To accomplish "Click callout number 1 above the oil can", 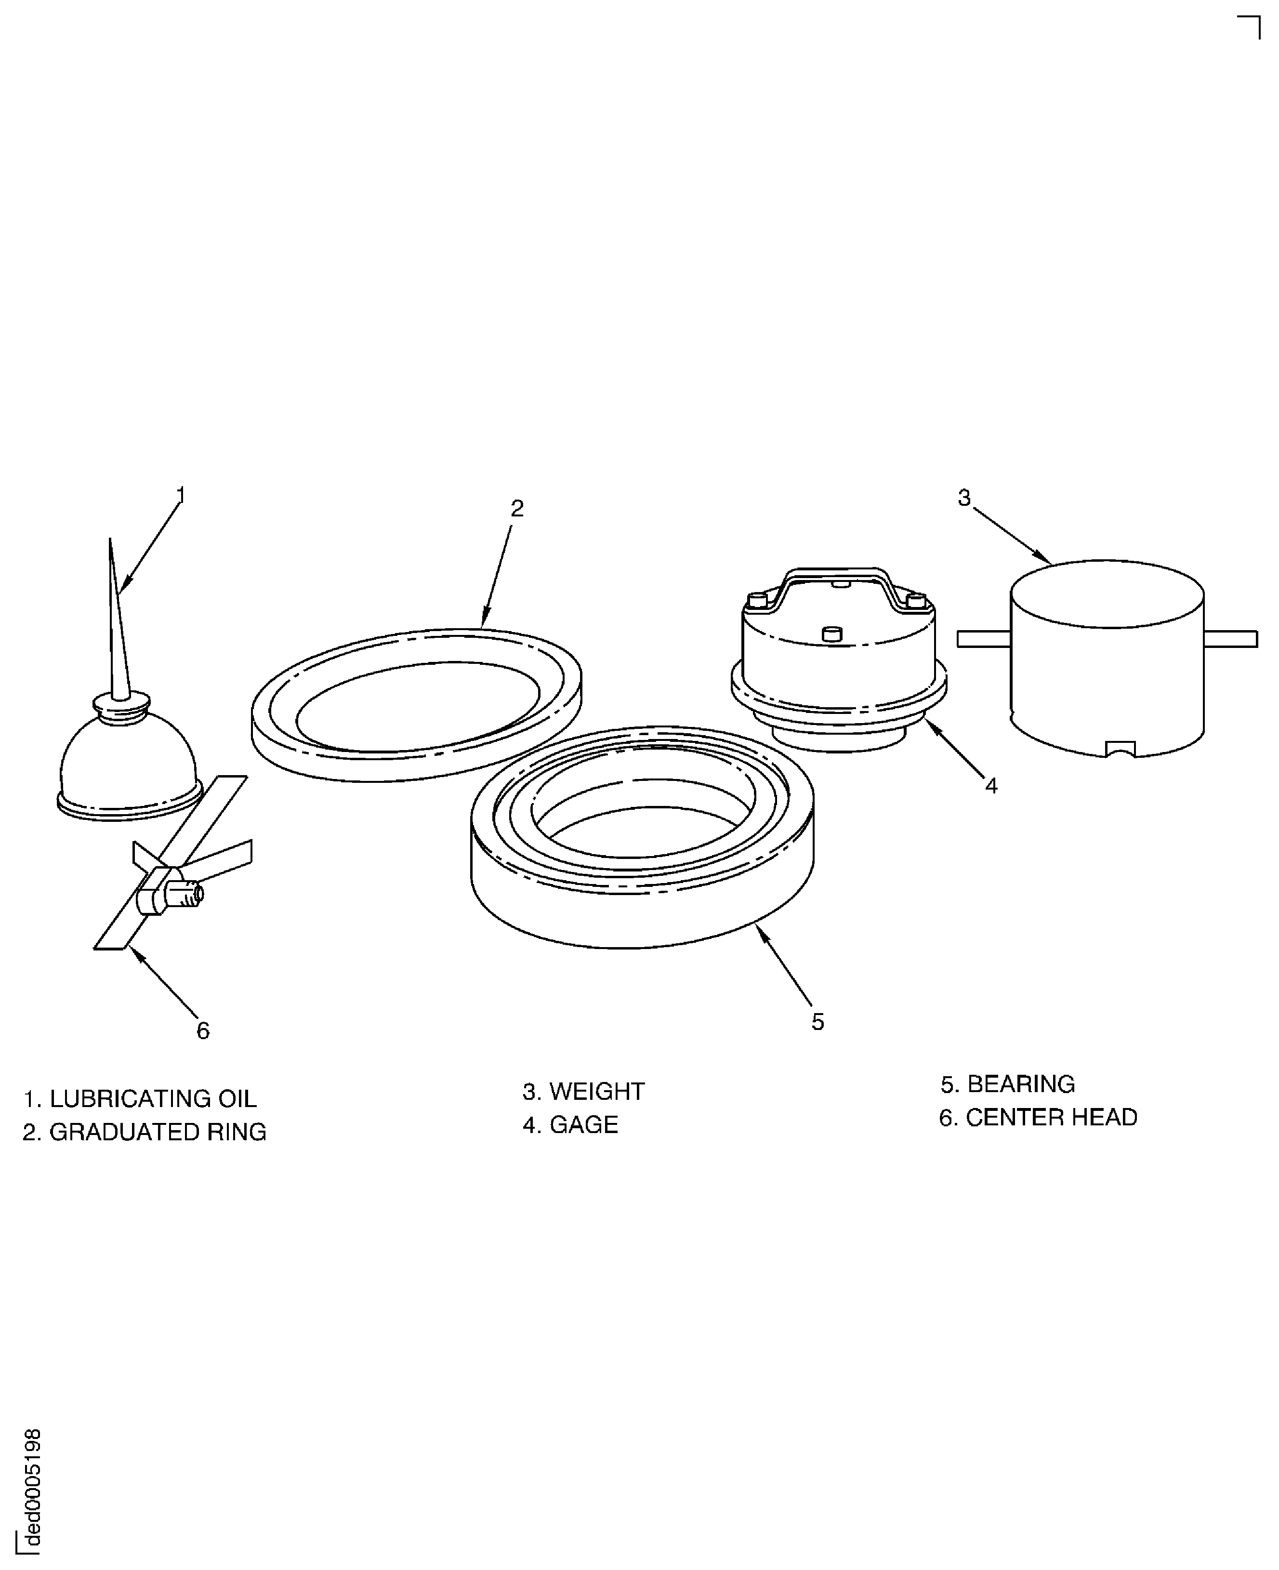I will tap(181, 495).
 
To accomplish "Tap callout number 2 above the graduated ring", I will tap(517, 508).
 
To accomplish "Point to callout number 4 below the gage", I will tap(992, 786).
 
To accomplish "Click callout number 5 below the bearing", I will tap(818, 1022).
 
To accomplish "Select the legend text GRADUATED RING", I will tap(157, 1132).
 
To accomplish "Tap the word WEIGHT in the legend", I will tap(597, 1091).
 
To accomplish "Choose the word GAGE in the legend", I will tap(583, 1124).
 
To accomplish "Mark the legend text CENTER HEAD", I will tap(1051, 1117).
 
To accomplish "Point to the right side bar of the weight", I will tap(1230, 639).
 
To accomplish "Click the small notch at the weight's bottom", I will tap(1121, 749).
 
